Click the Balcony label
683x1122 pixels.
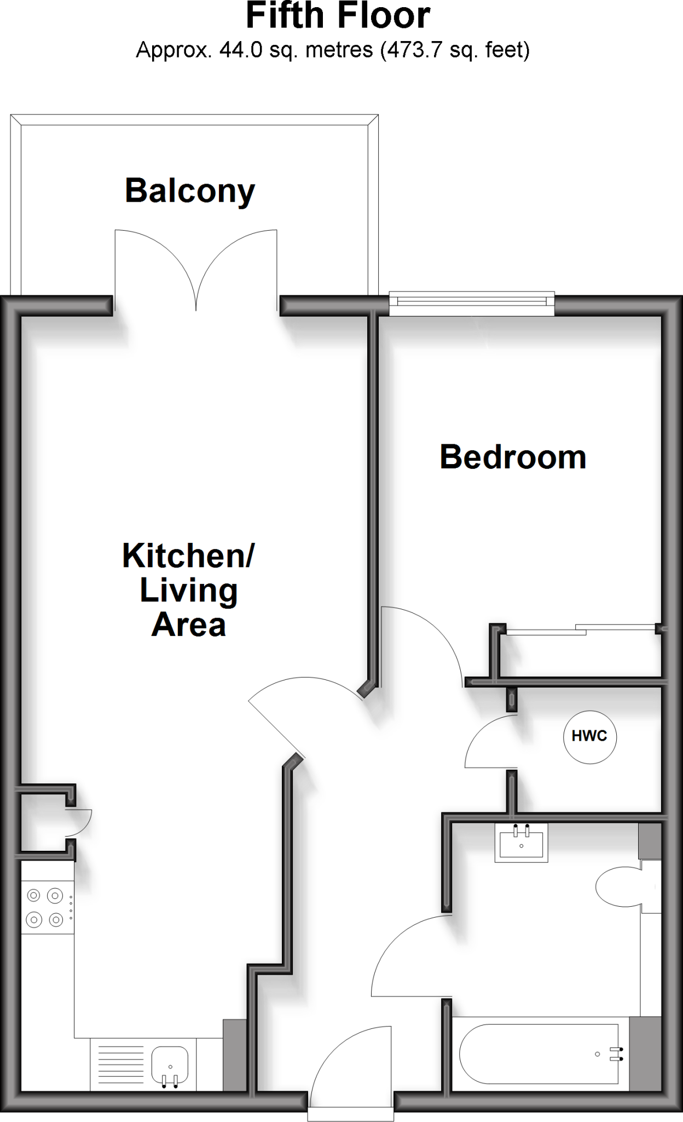tap(190, 191)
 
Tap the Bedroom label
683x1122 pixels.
tap(513, 457)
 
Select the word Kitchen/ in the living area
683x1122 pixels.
tap(188, 556)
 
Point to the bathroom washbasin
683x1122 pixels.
tap(521, 843)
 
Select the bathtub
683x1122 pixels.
tap(539, 1054)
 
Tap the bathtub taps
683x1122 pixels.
tap(617, 1054)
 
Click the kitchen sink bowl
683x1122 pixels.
tap(170, 1063)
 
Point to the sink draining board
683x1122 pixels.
tap(120, 1064)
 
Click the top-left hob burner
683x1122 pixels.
tap(34, 896)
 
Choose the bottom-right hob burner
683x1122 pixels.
tap(56, 919)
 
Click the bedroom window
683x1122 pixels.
tap(472, 304)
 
